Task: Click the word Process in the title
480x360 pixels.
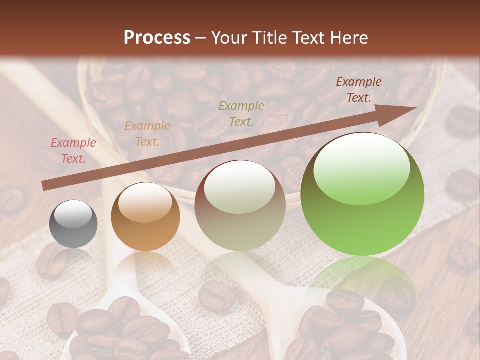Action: click(x=157, y=38)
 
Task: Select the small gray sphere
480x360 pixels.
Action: click(x=73, y=224)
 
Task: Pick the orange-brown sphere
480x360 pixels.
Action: click(x=145, y=217)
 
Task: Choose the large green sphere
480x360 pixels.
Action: click(x=362, y=194)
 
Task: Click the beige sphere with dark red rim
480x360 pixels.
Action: click(x=240, y=205)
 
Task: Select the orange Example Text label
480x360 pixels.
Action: click(x=147, y=134)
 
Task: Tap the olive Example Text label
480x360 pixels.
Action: click(x=241, y=113)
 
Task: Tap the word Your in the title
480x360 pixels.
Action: click(x=230, y=38)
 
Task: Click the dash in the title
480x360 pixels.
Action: click(x=201, y=38)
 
